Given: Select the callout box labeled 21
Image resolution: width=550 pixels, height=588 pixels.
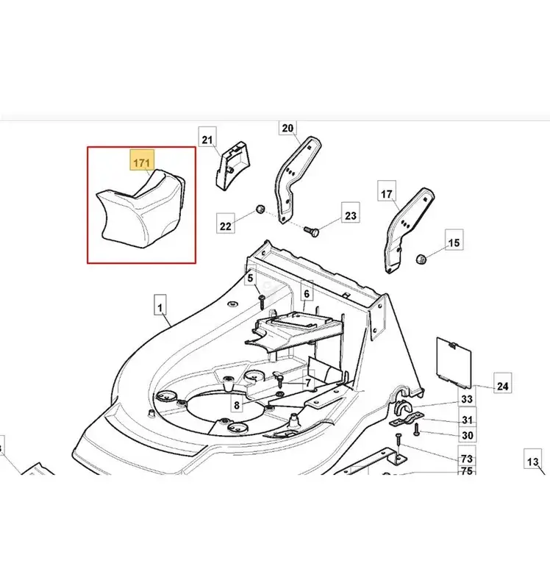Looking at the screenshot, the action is point(207,140).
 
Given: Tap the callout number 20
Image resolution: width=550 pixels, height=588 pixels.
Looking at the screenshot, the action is point(287,128).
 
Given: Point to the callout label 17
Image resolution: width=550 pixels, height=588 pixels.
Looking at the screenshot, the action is point(387,193).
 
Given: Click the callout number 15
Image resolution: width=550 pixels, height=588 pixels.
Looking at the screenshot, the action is point(454,243).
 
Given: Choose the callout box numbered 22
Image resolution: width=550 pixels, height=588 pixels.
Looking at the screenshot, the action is point(226,226).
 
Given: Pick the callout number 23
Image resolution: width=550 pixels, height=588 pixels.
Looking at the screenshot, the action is point(351,215).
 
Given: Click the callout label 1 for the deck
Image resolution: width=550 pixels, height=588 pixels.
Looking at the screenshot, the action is point(160,308).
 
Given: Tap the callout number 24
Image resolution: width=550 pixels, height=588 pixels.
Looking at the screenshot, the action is point(502,386).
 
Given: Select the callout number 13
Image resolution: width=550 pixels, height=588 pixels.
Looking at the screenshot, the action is point(533,462).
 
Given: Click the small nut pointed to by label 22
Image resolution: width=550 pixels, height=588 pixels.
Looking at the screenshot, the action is point(260,209).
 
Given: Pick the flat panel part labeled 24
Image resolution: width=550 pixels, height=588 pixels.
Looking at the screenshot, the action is point(454,362).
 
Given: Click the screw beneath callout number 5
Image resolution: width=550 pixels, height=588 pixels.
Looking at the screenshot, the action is point(262,301).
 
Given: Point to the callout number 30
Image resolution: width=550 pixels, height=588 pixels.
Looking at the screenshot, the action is point(467,435).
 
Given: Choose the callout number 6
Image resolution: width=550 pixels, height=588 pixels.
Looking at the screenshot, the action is point(307,293).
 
